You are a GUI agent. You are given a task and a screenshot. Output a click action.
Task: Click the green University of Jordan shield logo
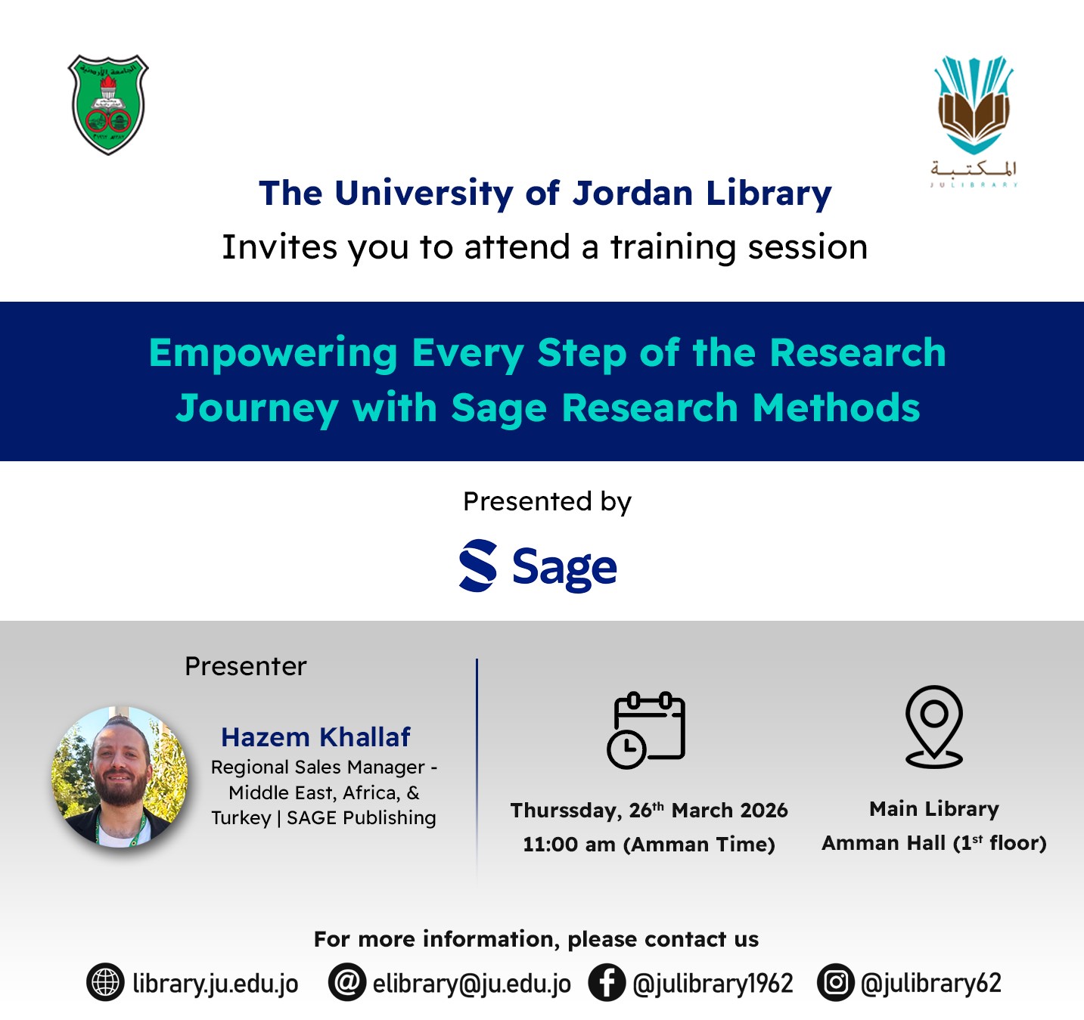tap(108, 104)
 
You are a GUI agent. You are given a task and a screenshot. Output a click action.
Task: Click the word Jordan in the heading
tap(632, 194)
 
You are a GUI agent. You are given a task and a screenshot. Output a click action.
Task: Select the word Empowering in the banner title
tap(273, 355)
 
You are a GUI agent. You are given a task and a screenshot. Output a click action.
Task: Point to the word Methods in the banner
tap(836, 408)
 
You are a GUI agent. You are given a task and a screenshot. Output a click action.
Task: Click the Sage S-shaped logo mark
tap(477, 566)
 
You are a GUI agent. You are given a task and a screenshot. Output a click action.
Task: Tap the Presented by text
tap(547, 501)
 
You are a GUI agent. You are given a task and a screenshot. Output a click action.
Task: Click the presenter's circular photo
tap(120, 777)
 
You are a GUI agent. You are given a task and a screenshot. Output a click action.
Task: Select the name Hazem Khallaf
tap(315, 736)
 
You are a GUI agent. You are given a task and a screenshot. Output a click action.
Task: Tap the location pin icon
tap(934, 727)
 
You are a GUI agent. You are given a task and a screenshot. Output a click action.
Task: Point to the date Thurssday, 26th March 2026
tap(649, 811)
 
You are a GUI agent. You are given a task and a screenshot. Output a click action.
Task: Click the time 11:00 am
tap(569, 845)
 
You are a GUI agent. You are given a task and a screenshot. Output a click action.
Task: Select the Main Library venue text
tap(934, 809)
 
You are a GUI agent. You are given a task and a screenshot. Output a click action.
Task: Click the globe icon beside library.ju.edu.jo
tap(105, 982)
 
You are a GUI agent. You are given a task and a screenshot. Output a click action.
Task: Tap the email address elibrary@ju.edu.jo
tap(471, 984)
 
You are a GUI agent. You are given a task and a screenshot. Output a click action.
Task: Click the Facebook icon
tap(607, 982)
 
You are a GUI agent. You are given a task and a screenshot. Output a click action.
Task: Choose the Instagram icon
tap(835, 982)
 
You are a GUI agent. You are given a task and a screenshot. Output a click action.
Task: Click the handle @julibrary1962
tap(713, 984)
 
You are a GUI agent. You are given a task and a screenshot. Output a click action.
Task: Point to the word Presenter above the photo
tap(246, 666)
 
